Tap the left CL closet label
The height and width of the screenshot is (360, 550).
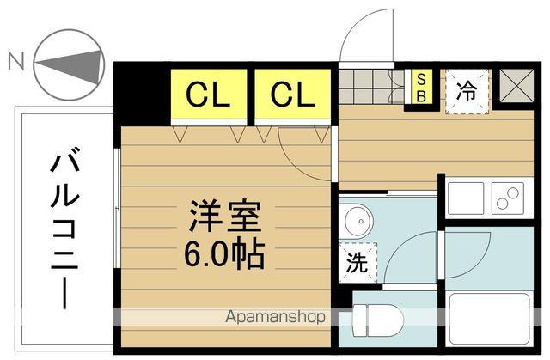(209, 94)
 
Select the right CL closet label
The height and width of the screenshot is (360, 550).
(292, 94)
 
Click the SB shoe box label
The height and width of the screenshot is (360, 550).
(421, 88)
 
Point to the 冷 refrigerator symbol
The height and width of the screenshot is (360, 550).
(467, 88)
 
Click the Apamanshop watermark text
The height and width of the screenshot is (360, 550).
(274, 317)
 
